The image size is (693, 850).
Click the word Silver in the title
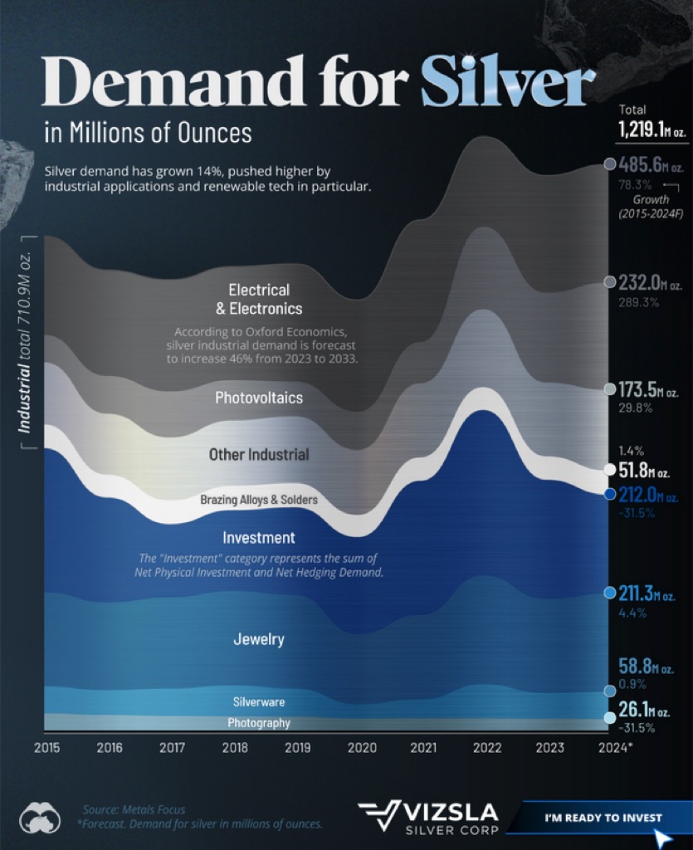coord(508,84)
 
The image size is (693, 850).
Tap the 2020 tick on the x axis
coord(362,748)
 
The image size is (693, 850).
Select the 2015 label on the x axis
coord(46,748)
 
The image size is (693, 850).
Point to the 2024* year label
coord(615,748)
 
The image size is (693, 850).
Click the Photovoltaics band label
coord(259,398)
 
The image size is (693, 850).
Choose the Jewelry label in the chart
coord(259,639)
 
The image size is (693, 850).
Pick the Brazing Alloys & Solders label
coord(259,500)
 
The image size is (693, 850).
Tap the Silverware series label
coord(259,702)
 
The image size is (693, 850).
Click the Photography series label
coord(259,723)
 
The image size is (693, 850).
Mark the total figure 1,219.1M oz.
coord(652,129)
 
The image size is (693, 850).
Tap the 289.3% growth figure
coord(639,302)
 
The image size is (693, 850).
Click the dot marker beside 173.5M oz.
coord(610,388)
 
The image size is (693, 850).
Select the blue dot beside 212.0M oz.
coord(610,494)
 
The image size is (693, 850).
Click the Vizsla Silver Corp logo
coord(428,818)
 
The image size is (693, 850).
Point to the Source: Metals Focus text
coord(134,809)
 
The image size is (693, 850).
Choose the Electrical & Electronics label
coord(259,299)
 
